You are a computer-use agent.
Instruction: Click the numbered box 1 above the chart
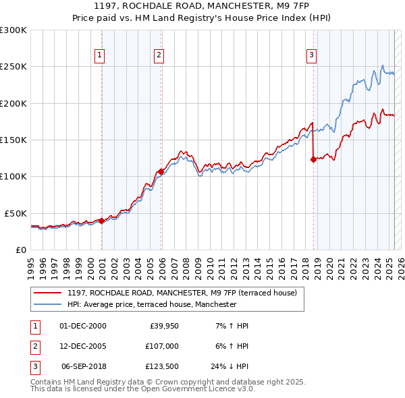point(99,55)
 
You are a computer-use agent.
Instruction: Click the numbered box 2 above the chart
point(159,55)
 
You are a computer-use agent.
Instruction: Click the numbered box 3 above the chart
point(311,55)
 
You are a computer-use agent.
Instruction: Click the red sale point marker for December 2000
point(101,221)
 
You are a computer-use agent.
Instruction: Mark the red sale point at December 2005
point(161,171)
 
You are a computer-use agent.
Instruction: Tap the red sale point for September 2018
point(313,160)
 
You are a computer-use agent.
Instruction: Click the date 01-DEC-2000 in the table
point(83,326)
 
